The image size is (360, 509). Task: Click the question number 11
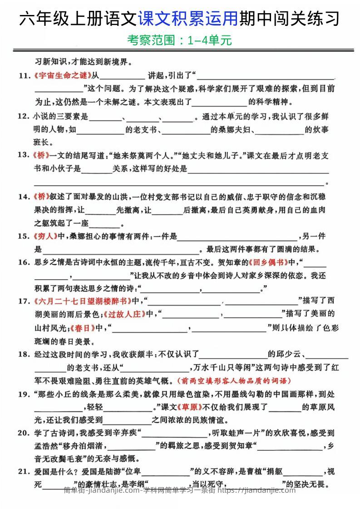(x=24, y=75)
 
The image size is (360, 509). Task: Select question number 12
(x=24, y=117)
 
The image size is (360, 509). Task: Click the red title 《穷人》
(x=44, y=236)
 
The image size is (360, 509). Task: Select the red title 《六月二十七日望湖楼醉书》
(x=83, y=301)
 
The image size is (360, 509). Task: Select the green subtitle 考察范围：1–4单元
(x=180, y=40)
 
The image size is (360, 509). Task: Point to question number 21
(x=24, y=471)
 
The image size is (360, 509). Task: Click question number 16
(x=24, y=262)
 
